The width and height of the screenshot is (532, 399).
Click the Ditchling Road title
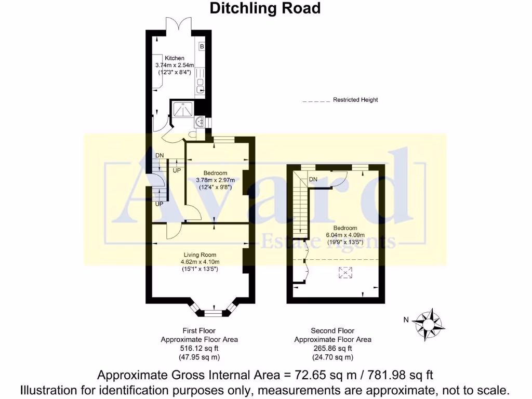(x=265, y=8)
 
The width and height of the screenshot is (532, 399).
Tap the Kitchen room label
(x=175, y=58)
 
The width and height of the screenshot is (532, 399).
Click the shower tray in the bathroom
(x=183, y=110)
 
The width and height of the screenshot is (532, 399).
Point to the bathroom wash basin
(x=199, y=122)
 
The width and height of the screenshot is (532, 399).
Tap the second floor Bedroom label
(x=345, y=228)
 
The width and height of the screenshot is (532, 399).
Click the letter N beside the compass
(x=406, y=320)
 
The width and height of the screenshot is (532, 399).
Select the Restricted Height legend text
(x=355, y=100)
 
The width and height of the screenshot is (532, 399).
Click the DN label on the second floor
(x=313, y=179)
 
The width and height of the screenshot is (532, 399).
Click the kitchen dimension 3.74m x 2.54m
(x=175, y=65)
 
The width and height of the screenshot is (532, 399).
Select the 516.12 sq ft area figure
(x=199, y=349)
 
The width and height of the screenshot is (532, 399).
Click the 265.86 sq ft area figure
(x=332, y=349)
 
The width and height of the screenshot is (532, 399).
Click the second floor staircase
(x=300, y=208)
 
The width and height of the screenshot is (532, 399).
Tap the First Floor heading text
(x=199, y=330)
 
